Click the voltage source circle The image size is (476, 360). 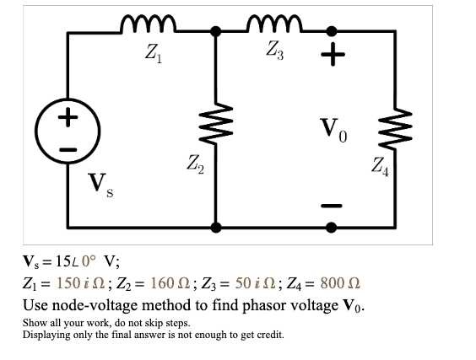pos(68,131)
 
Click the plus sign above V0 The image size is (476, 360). pos(333,56)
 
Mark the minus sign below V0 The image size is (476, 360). pos(333,205)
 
